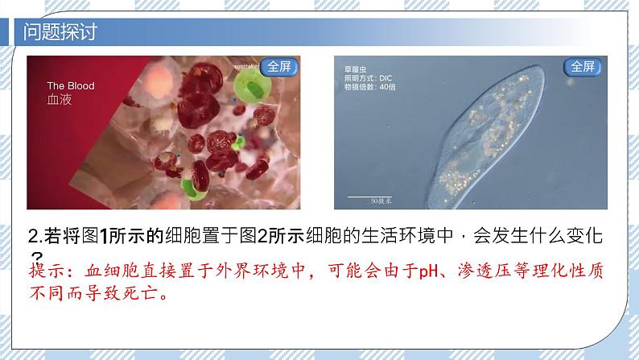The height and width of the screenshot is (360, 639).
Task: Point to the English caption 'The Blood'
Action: [x=71, y=86]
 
